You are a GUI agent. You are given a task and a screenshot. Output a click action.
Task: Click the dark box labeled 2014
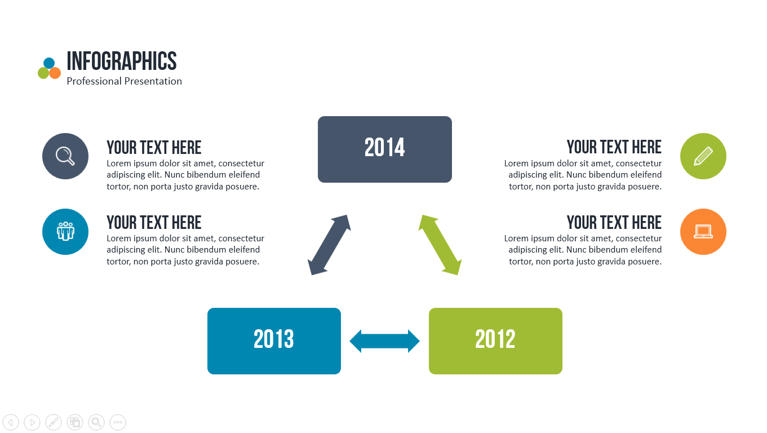point(384,149)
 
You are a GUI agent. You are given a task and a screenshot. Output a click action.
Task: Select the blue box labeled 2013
point(274,341)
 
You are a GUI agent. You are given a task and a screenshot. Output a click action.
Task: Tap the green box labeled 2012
point(495,341)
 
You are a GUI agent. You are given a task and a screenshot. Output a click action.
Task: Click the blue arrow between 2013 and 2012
point(385,341)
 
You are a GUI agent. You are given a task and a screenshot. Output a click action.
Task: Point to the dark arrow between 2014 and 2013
point(330,245)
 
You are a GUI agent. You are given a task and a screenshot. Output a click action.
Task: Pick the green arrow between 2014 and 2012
point(440,245)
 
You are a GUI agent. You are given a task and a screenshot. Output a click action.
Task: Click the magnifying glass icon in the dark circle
point(65,156)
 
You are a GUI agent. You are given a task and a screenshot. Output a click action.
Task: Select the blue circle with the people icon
point(65,232)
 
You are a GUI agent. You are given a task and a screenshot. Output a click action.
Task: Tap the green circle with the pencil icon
point(703,156)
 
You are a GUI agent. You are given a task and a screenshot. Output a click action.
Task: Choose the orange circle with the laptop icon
point(703,232)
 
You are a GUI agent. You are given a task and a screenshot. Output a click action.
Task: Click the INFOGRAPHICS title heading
point(122,61)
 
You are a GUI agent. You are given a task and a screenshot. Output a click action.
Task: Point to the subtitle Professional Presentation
point(124,81)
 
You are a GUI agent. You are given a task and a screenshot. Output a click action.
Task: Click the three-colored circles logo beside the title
point(49,69)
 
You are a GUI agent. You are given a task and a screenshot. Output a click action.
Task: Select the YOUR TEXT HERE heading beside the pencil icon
point(614,147)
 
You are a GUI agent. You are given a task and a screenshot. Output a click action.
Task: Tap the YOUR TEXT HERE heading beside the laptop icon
point(614,223)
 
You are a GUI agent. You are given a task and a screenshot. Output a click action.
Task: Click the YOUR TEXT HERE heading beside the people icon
point(154,223)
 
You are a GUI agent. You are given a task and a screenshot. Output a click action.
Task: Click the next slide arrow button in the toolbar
point(32,422)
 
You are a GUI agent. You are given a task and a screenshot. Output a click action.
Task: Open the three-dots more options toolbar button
point(118,422)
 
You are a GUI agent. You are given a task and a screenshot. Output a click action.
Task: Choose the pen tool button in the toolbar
point(54,422)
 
